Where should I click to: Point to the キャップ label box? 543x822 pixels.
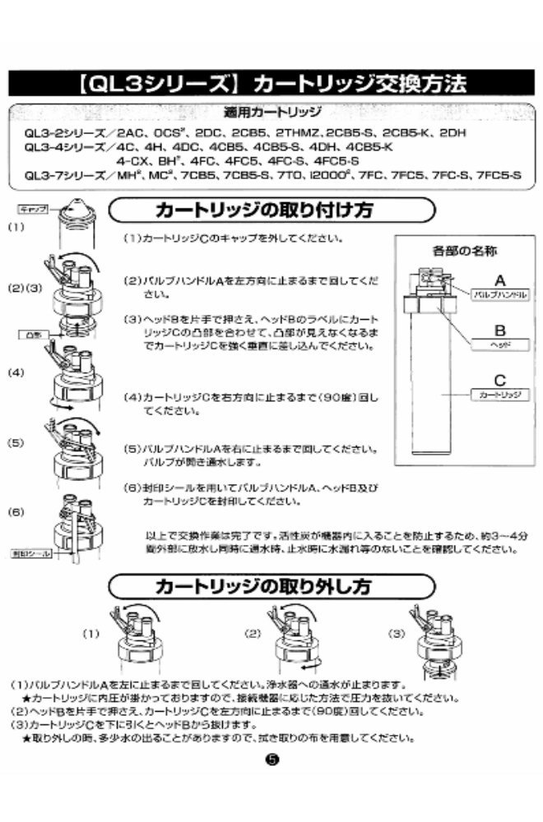[31, 211]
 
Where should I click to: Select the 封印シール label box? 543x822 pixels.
[32, 556]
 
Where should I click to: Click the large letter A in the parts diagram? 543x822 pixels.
[499, 279]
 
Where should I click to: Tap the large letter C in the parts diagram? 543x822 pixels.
[499, 380]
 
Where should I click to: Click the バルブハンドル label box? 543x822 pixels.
[499, 293]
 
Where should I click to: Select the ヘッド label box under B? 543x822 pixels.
[499, 346]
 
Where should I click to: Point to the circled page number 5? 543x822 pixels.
[272, 760]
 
